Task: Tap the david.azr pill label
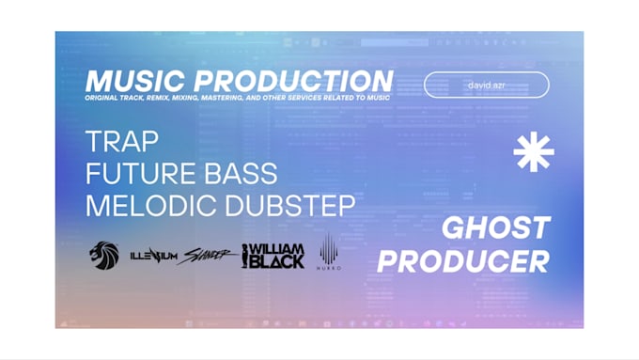(486, 85)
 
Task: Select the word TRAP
(122, 141)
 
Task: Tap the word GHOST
(496, 227)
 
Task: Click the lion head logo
(104, 255)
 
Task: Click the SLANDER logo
(208, 255)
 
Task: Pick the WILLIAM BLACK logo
(273, 255)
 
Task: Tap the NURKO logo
(329, 252)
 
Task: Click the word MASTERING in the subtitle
(237, 98)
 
